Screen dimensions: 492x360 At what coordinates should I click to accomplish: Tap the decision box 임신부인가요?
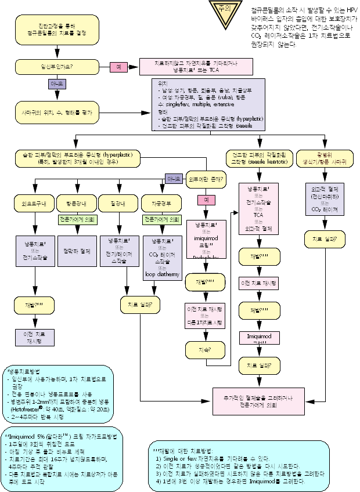(52, 67)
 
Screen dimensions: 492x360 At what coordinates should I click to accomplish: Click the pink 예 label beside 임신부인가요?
(119, 67)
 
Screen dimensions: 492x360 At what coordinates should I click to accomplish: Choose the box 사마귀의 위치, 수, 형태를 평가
(52, 111)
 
